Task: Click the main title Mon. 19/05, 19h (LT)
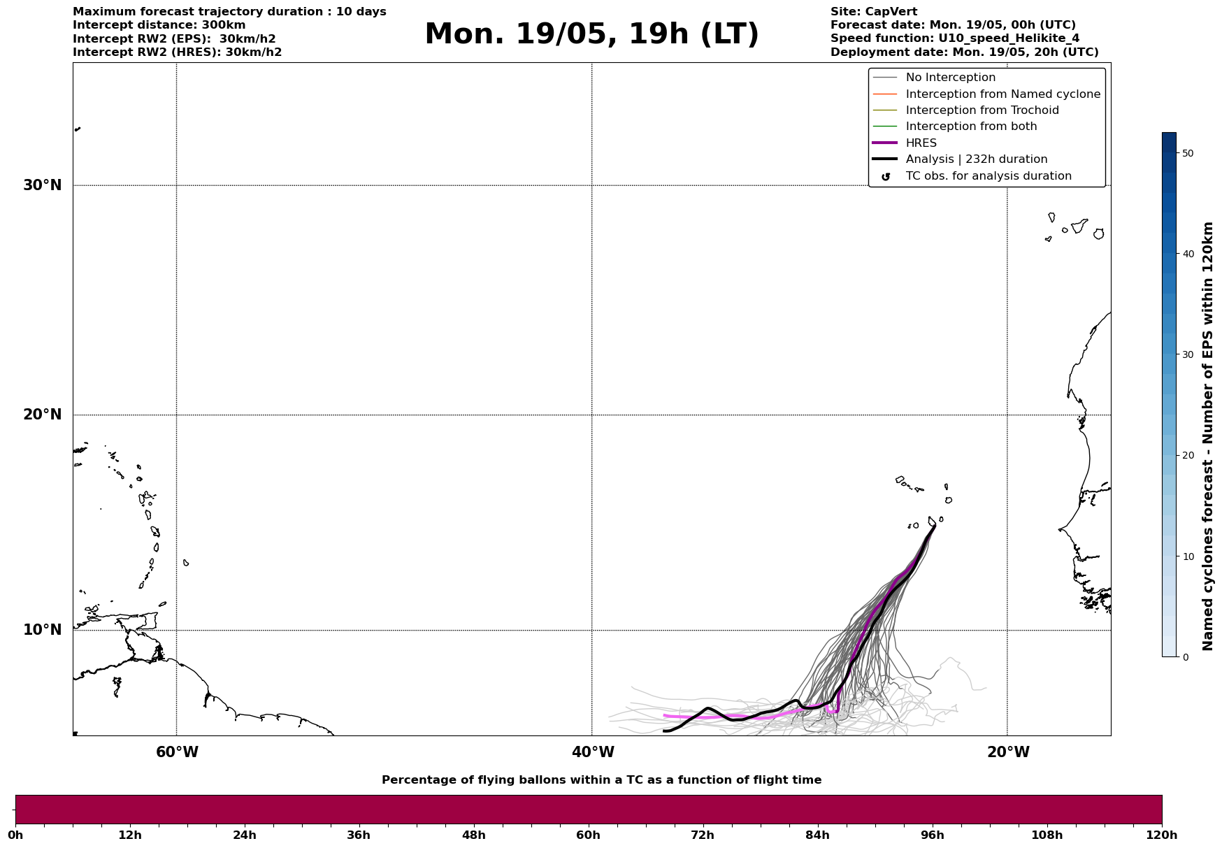tap(591, 34)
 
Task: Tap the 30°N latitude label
tap(42, 185)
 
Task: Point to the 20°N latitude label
tap(42, 415)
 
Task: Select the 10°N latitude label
tap(42, 630)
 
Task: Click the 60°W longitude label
tap(177, 752)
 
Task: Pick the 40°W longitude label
tap(593, 752)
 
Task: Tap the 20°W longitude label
tap(1008, 752)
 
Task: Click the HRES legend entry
tap(921, 143)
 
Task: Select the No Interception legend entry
tap(950, 78)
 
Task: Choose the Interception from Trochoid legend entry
tap(982, 110)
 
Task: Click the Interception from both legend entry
tap(971, 127)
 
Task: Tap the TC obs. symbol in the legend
tap(886, 177)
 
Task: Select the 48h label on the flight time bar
tap(473, 835)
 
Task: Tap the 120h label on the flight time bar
tap(1160, 835)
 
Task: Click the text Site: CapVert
tap(874, 12)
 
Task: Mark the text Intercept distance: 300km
tap(159, 25)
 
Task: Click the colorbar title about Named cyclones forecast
tap(1207, 436)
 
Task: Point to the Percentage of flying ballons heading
tap(601, 780)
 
